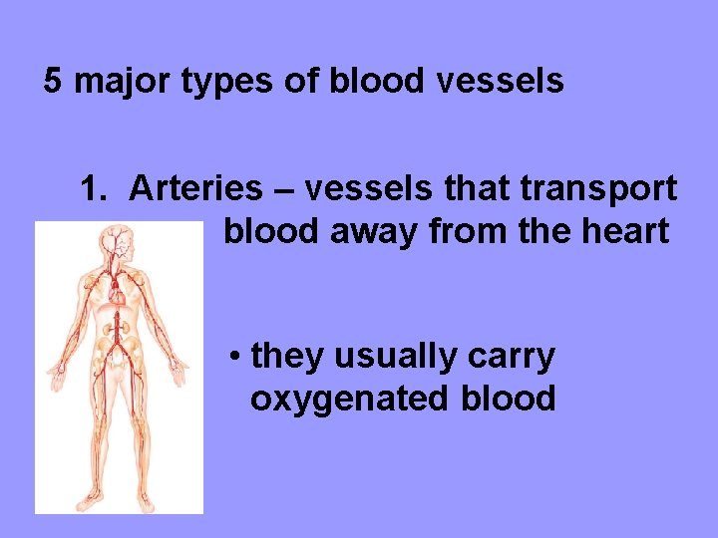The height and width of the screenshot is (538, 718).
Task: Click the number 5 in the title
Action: point(54,82)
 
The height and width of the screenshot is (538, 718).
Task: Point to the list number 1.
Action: point(94,187)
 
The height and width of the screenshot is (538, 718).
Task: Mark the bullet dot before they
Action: point(232,357)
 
